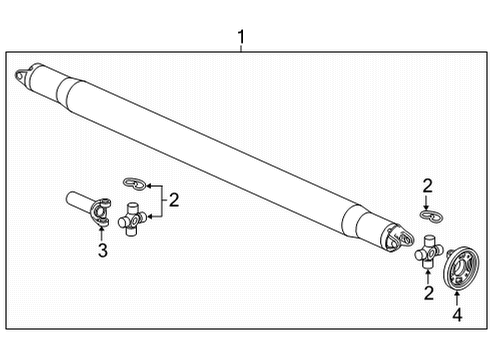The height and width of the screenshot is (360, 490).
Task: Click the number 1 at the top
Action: tap(241, 39)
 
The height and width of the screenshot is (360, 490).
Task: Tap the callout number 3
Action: tap(102, 250)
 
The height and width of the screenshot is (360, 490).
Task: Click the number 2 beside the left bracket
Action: tap(173, 200)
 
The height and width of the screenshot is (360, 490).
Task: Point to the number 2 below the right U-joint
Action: tap(427, 293)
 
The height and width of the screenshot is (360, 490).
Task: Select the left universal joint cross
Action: tap(133, 217)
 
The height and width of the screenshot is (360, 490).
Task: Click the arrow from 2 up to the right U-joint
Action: tap(427, 271)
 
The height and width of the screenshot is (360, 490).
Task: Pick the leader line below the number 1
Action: tap(241, 53)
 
